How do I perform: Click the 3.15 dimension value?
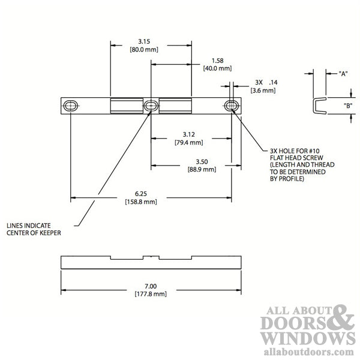pyautogui.click(x=144, y=41)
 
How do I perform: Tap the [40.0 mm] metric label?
pyautogui.click(x=217, y=68)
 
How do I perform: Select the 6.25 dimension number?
pyautogui.click(x=141, y=194)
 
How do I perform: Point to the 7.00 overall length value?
pyautogui.click(x=151, y=286)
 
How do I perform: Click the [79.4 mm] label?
pyautogui.click(x=189, y=143)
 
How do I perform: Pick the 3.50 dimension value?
pyautogui.click(x=202, y=161)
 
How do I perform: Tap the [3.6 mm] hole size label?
pyautogui.click(x=263, y=91)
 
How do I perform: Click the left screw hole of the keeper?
pyautogui.click(x=71, y=106)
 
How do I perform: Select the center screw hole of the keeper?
pyautogui.click(x=151, y=106)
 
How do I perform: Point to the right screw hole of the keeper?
pyautogui.click(x=232, y=106)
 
